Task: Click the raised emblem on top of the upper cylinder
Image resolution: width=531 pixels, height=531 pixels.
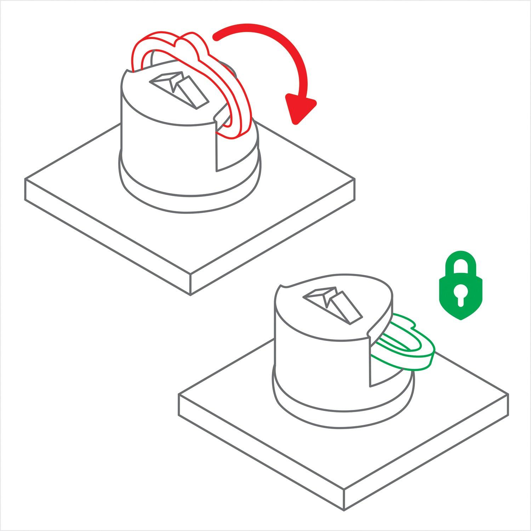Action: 177,88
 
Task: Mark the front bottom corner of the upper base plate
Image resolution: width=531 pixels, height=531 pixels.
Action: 191,294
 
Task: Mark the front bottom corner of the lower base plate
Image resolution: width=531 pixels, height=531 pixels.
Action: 344,510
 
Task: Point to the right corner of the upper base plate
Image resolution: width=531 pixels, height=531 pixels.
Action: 354,179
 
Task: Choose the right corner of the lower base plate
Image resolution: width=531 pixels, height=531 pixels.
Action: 508,395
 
